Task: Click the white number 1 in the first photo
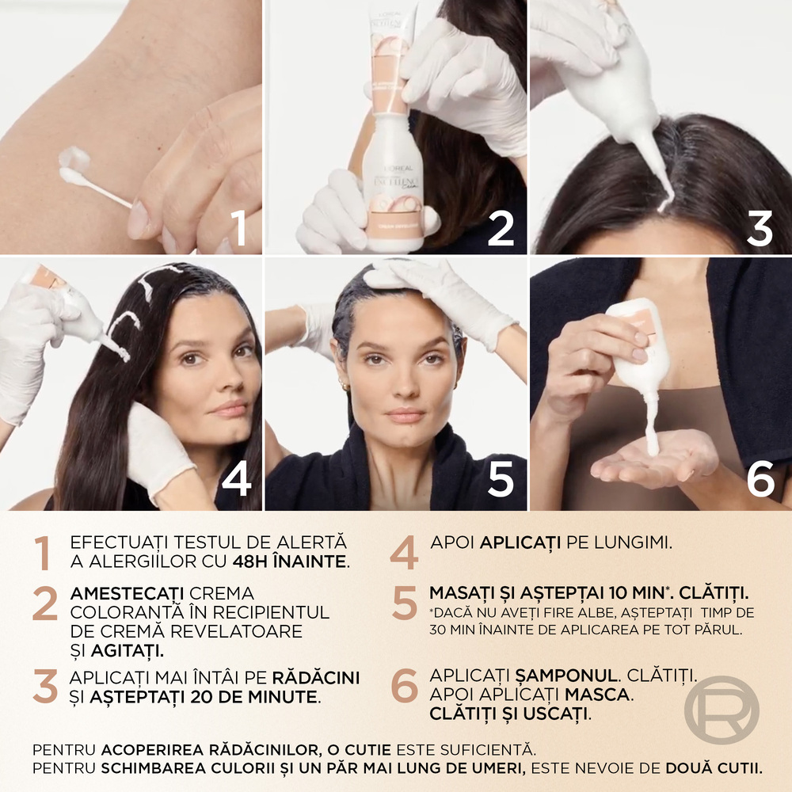(x=239, y=227)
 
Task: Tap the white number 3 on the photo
(x=760, y=228)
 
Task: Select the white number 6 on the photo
(x=760, y=478)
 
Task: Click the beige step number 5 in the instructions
(x=405, y=603)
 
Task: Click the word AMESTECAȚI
(x=127, y=593)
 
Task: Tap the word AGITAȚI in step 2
(x=128, y=650)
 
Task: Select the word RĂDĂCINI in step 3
(x=316, y=677)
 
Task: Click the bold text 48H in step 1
(x=250, y=562)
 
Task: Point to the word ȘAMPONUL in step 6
(x=566, y=675)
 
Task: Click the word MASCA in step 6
(x=597, y=695)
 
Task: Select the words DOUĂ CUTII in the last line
(x=714, y=768)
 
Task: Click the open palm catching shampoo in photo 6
(x=657, y=461)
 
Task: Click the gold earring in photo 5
(x=345, y=386)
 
